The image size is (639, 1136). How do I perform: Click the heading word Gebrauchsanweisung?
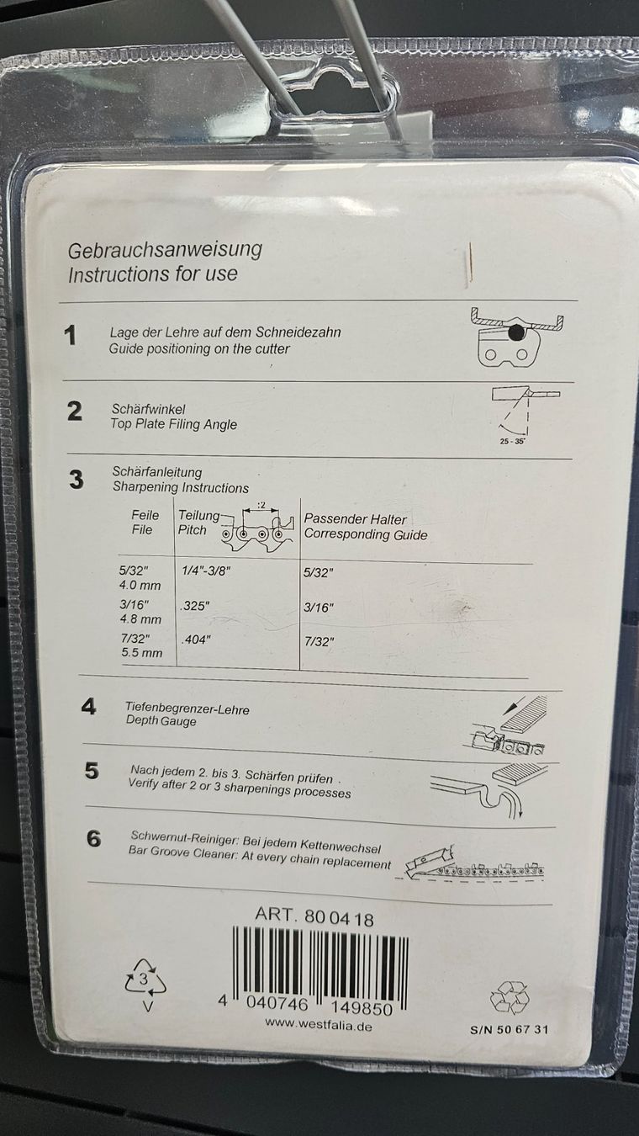tap(165, 251)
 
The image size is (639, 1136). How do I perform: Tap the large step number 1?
tap(71, 336)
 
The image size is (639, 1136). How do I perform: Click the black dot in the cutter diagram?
tap(516, 332)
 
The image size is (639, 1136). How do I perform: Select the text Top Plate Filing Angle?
tap(174, 424)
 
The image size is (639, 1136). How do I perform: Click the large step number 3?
tap(76, 480)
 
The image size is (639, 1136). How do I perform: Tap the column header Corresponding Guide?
tap(366, 534)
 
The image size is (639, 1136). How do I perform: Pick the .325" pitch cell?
tap(194, 606)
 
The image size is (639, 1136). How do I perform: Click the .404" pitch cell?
tap(196, 640)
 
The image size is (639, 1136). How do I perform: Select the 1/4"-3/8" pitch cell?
tap(206, 571)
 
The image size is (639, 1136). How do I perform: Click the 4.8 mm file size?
tap(140, 619)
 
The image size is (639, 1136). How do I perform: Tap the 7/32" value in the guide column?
tap(319, 641)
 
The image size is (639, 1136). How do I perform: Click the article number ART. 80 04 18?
tap(314, 916)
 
